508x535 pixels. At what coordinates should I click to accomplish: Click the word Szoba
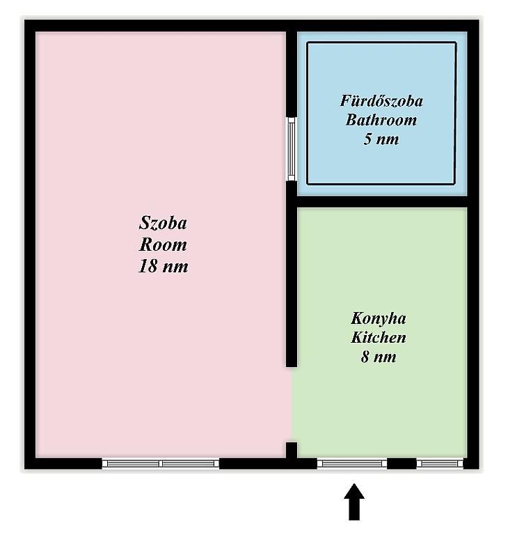tap(163, 224)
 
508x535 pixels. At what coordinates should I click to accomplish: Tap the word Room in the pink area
tap(163, 245)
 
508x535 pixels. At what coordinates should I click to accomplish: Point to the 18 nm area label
tap(163, 266)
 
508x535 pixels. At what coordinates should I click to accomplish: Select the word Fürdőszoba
tap(381, 101)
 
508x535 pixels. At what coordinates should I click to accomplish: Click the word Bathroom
tap(381, 120)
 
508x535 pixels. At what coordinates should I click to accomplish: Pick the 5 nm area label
tap(381, 139)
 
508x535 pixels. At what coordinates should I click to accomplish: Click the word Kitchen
tap(379, 338)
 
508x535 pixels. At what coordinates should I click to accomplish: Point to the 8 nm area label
tap(379, 357)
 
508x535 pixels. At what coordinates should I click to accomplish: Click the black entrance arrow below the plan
tap(354, 502)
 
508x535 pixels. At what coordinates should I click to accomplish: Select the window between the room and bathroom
tap(291, 149)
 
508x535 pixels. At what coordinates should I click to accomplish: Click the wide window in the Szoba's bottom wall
tap(161, 463)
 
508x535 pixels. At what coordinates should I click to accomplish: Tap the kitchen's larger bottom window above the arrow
tap(352, 463)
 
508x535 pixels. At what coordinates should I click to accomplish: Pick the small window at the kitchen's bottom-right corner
tap(440, 463)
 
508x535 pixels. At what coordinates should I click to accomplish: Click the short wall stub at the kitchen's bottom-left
tap(292, 450)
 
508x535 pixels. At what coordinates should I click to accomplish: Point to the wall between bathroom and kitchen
tap(382, 201)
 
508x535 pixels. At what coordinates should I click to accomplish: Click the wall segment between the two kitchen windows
tap(402, 463)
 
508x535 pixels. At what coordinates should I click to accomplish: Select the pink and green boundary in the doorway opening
tap(292, 405)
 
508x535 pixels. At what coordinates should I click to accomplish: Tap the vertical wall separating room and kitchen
tap(292, 274)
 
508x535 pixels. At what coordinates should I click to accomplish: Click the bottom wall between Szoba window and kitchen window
tap(268, 463)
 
